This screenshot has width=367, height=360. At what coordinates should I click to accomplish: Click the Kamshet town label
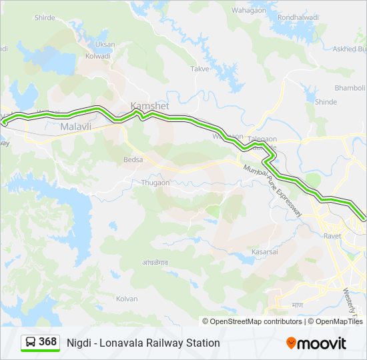click(149, 106)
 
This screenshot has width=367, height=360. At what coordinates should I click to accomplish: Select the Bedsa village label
click(133, 160)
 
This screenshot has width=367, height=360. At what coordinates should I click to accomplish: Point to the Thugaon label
click(155, 182)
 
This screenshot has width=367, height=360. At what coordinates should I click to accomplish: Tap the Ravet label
click(332, 235)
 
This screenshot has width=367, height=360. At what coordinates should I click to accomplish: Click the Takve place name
click(200, 69)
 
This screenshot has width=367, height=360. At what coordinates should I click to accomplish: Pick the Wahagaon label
click(248, 11)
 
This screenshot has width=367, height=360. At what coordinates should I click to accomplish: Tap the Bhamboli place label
click(350, 88)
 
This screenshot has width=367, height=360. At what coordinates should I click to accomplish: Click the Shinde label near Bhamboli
click(326, 102)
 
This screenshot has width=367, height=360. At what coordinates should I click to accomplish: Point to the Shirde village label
click(44, 18)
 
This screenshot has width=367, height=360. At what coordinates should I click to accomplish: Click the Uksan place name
click(105, 44)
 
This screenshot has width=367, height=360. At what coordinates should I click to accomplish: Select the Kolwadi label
click(97, 56)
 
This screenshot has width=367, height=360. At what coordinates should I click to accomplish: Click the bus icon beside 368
click(31, 343)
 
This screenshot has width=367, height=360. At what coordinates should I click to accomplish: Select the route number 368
click(47, 342)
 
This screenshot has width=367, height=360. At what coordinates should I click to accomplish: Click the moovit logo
click(316, 343)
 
